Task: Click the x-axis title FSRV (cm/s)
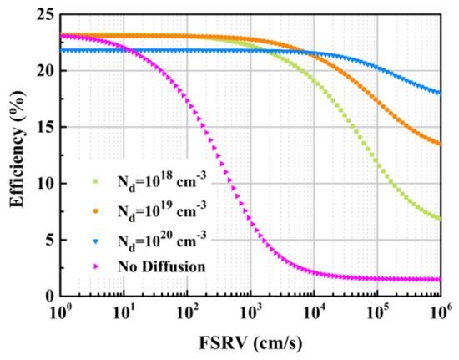(250, 343)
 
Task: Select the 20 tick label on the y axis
(43, 71)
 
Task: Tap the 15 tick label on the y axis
(43, 127)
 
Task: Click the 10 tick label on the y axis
(43, 184)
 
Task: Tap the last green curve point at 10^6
(440, 219)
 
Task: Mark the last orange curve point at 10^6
(440, 144)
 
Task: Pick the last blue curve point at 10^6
(440, 93)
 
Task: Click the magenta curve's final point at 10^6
(440, 280)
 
